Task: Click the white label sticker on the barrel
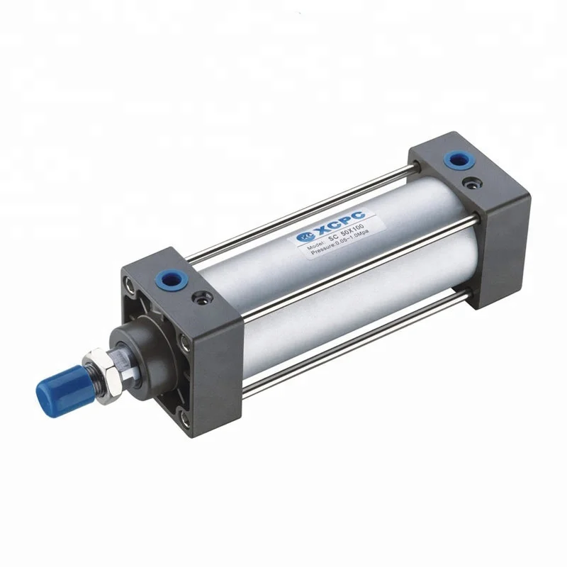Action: (333, 237)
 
